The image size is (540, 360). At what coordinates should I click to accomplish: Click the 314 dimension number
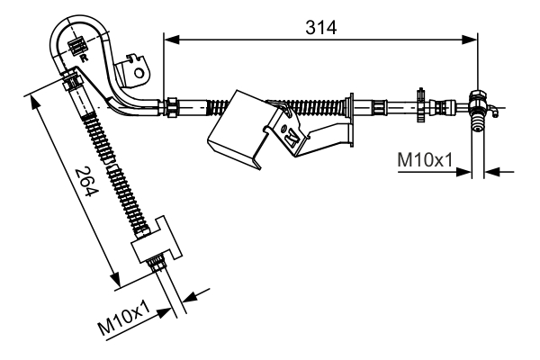coord(319,27)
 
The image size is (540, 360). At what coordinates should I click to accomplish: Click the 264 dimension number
coord(84,184)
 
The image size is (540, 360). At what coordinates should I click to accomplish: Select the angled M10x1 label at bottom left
coord(124,319)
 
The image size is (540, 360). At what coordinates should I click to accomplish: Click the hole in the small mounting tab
coord(139,63)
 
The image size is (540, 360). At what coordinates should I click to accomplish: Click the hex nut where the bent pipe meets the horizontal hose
coord(168,106)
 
